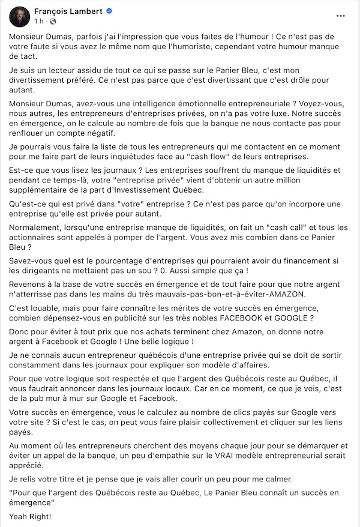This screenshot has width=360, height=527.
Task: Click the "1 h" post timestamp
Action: point(40,22)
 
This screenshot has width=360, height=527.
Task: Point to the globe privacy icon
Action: point(52,22)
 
